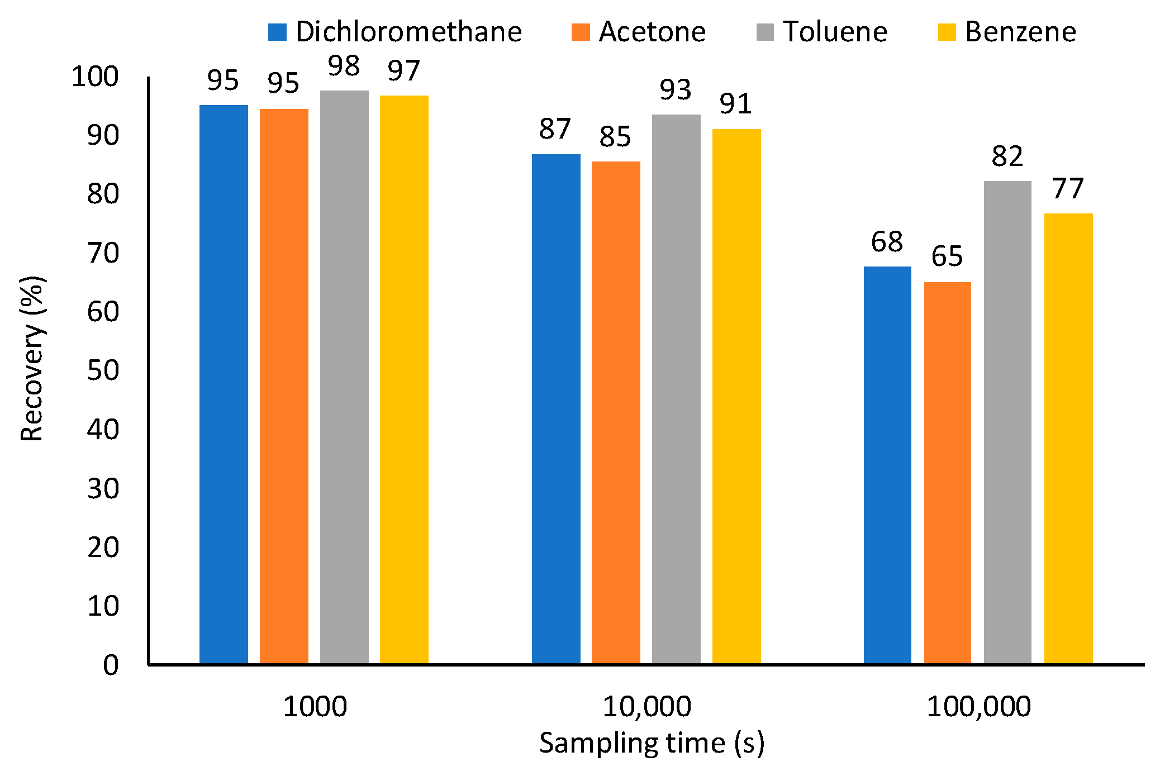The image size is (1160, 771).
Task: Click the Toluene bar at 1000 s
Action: [344, 377]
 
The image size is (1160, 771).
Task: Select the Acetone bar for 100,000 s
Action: [947, 473]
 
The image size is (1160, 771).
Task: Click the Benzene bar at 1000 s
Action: [404, 379]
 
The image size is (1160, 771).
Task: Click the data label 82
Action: [1007, 156]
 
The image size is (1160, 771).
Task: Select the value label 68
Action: [887, 242]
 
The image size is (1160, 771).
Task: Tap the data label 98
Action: [344, 66]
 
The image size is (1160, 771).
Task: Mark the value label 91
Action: [735, 103]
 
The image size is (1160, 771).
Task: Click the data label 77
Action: [1068, 188]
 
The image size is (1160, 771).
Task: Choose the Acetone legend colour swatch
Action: [581, 32]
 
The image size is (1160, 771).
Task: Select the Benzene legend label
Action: [1020, 32]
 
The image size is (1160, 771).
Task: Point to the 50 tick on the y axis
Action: [103, 370]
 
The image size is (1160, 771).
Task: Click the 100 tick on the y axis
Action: [95, 77]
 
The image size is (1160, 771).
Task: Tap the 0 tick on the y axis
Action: [111, 665]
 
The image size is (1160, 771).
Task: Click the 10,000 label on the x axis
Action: [646, 706]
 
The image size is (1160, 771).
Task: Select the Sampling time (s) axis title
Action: [651, 743]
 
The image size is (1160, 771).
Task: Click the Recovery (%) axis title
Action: [32, 359]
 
